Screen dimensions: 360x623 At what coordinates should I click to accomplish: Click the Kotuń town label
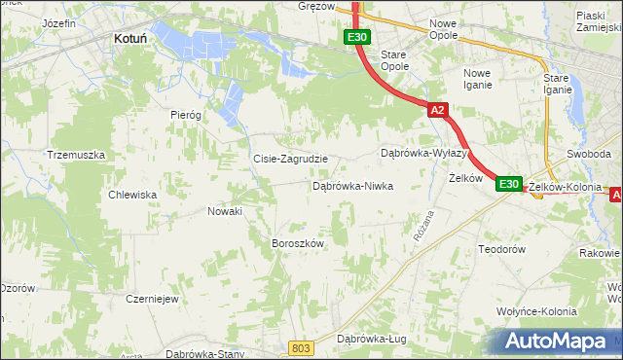(130, 39)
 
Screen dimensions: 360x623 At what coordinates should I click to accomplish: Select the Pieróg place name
(185, 115)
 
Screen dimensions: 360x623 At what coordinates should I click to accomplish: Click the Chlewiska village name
(133, 195)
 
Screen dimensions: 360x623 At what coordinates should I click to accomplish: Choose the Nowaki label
(225, 211)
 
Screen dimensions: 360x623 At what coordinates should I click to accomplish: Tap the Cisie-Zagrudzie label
(290, 159)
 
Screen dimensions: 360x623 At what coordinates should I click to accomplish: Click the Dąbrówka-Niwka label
(352, 185)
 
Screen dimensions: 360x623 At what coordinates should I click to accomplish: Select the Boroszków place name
(297, 243)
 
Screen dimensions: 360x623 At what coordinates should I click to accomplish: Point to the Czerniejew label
(152, 299)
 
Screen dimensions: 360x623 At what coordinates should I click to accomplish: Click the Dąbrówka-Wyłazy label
(424, 154)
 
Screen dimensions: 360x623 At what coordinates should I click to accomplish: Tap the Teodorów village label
(502, 250)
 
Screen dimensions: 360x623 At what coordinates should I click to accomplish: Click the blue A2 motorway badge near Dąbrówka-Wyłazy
(437, 111)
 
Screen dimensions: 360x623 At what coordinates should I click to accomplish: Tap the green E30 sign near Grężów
(356, 38)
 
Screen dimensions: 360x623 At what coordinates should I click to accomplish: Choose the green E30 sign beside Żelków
(509, 183)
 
